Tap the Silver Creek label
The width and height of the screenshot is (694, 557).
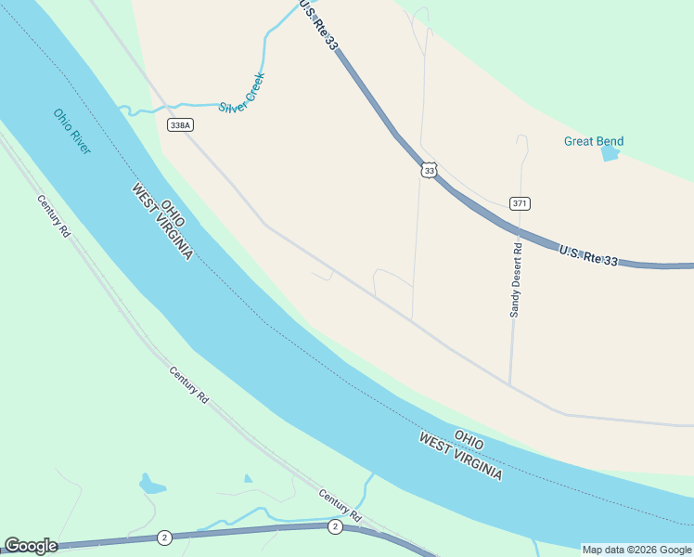pyautogui.click(x=242, y=93)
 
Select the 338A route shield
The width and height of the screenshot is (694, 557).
pyautogui.click(x=180, y=125)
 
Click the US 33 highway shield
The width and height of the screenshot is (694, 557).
pyautogui.click(x=428, y=170)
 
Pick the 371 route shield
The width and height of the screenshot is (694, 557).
pyautogui.click(x=520, y=203)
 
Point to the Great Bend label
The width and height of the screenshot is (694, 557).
pyautogui.click(x=594, y=142)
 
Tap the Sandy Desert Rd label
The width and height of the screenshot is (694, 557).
pyautogui.click(x=516, y=280)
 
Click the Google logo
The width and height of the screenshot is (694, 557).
pyautogui.click(x=31, y=546)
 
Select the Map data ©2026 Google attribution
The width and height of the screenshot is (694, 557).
pyautogui.click(x=636, y=550)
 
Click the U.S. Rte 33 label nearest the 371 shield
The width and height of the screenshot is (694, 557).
pyautogui.click(x=588, y=255)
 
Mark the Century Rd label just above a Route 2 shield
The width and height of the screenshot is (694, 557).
pyautogui.click(x=340, y=504)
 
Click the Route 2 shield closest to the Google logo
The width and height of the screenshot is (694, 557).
pyautogui.click(x=164, y=538)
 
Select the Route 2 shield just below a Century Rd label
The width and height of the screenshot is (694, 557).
pyautogui.click(x=335, y=526)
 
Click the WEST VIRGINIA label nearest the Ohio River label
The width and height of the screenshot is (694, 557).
pyautogui.click(x=162, y=222)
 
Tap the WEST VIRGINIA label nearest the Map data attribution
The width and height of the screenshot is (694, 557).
pyautogui.click(x=460, y=456)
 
